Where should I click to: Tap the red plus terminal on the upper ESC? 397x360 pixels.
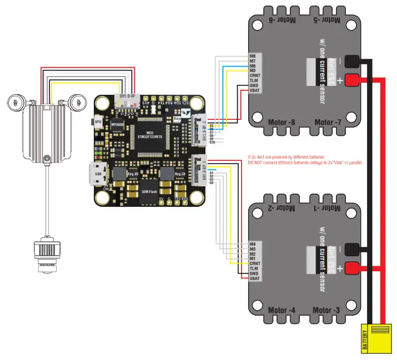coord(352,80)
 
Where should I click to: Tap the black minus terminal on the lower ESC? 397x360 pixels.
coord(352,250)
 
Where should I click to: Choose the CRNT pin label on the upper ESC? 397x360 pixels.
coord(256,75)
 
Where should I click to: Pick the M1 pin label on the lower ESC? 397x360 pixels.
coord(253,258)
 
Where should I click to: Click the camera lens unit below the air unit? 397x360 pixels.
coord(45,255)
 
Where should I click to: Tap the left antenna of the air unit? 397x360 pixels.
coord(17,102)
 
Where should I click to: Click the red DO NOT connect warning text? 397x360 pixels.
coord(304,162)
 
